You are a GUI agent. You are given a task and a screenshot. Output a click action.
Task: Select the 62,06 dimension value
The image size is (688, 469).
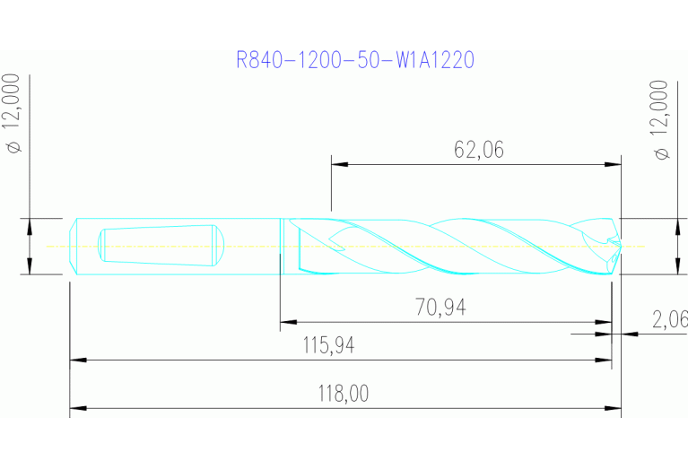tap(478, 150)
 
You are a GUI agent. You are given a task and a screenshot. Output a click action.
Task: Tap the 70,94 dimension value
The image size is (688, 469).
tap(440, 308)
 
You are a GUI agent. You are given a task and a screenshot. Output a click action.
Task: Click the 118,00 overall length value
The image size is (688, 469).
tap(344, 394)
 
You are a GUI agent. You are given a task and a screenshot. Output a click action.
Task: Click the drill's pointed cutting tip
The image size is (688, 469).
tap(618, 244)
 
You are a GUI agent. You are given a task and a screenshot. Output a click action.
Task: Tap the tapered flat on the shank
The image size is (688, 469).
tap(157, 245)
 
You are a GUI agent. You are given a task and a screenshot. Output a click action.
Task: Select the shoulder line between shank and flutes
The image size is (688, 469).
tap(282, 246)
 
